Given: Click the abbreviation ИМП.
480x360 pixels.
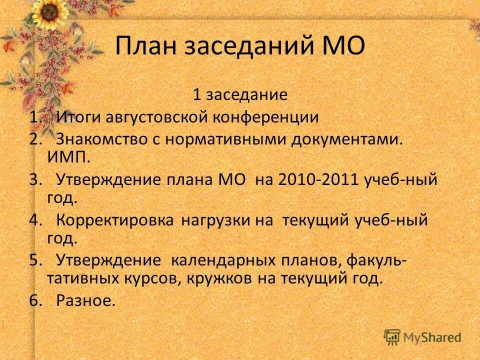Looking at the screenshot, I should coord(68,157).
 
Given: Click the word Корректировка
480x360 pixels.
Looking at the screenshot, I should coord(115,220).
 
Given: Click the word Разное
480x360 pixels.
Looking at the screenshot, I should coord(85,300).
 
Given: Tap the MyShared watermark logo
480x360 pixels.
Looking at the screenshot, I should coord(422,336).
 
